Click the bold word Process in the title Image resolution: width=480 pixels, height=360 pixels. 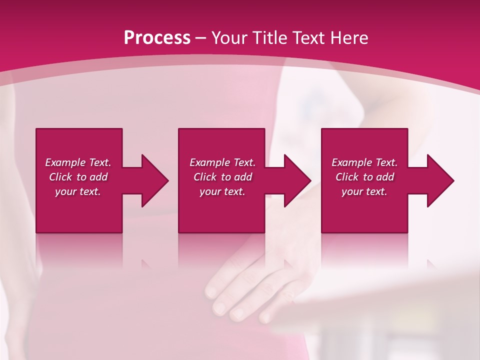tap(157, 38)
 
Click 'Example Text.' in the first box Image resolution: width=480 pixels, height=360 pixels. tap(78, 162)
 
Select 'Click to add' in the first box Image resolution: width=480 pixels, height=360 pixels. tap(78, 177)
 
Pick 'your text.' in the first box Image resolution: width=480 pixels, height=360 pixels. tap(78, 191)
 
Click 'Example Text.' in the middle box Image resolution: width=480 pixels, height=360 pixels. tap(222, 162)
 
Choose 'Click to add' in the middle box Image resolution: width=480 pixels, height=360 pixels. tap(222, 177)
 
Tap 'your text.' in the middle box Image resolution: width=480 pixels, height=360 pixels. tap(222, 191)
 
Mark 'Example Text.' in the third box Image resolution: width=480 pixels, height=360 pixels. tap(364, 162)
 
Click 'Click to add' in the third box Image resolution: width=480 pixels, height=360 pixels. tap(364, 177)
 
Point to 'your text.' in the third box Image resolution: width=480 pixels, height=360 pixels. tap(364, 191)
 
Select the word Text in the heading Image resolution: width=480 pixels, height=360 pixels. tap(308, 38)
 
